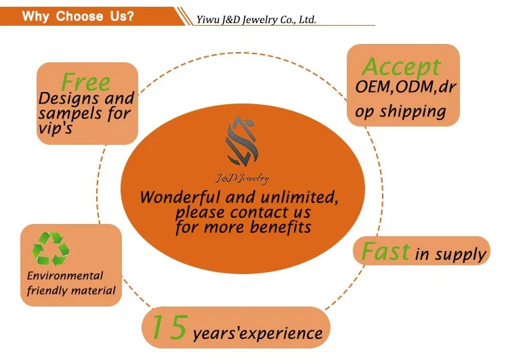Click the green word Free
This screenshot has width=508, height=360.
85,82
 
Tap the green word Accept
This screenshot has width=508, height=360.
402,67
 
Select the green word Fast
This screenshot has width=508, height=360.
385,252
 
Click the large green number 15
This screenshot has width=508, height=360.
168,328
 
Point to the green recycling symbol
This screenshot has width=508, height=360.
51,248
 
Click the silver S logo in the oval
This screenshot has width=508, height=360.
247,140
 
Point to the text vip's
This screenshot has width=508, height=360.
56,129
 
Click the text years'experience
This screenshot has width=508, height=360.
257,333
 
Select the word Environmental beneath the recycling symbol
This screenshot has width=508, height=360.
65,275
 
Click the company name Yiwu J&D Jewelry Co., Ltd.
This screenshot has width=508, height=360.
256,20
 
